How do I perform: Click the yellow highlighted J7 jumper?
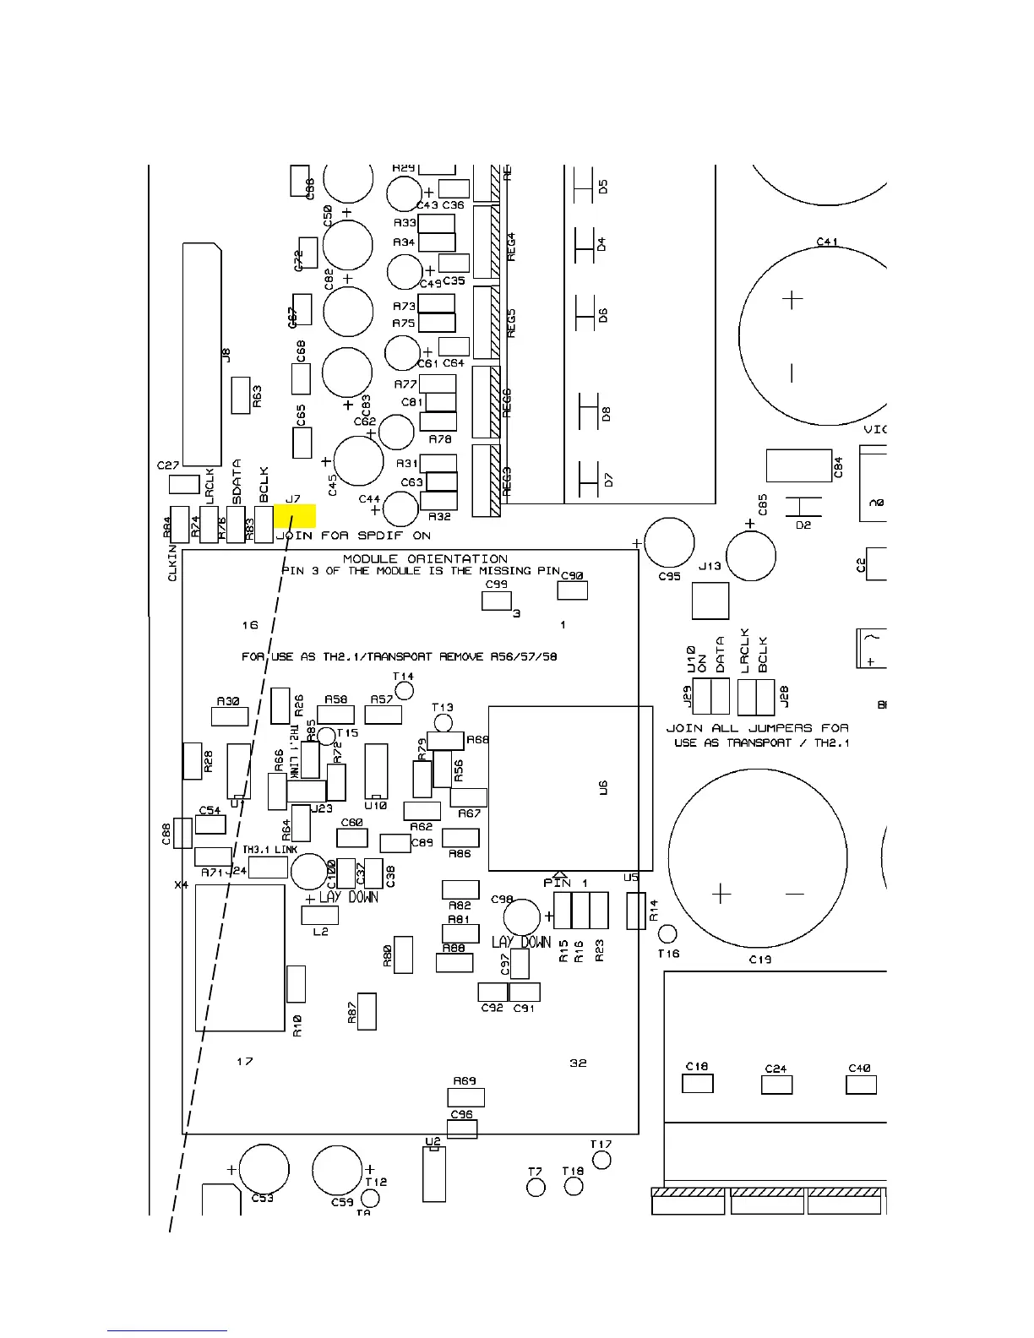(x=295, y=515)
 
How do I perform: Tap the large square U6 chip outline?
(x=570, y=787)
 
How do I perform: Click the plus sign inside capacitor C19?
(x=721, y=894)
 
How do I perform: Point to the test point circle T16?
(x=667, y=933)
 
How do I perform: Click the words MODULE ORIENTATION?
(x=425, y=559)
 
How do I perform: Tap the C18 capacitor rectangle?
(x=697, y=1083)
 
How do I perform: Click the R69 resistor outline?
(x=465, y=1096)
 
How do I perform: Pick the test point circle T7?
(x=536, y=1188)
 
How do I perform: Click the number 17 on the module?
(x=244, y=1061)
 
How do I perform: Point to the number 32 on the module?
(x=578, y=1063)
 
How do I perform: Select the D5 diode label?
(x=603, y=186)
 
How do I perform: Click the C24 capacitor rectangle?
(x=776, y=1085)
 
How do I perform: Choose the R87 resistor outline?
(x=367, y=1011)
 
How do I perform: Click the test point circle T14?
(x=405, y=690)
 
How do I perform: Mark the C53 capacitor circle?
(x=264, y=1171)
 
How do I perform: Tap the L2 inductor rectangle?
(x=319, y=915)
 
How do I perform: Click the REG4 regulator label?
(x=510, y=246)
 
